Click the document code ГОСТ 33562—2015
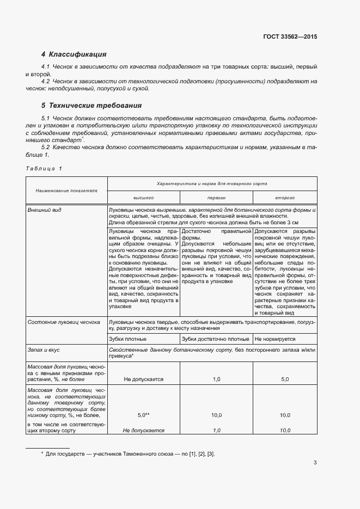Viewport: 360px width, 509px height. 289,36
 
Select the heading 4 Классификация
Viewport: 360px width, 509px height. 74,54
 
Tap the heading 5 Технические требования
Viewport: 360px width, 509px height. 84,106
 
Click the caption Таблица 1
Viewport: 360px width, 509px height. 44,168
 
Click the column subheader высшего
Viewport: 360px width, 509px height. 144,198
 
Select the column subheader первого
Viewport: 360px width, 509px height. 216,198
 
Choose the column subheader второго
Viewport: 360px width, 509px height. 285,198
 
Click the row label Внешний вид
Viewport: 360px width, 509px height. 45,210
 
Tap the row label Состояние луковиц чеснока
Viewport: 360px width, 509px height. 64,322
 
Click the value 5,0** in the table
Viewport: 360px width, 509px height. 144,415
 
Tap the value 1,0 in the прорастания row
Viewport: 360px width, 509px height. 216,379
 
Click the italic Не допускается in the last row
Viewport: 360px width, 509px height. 144,430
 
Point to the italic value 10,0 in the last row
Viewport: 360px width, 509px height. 285,430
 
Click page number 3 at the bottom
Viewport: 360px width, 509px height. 315,463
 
